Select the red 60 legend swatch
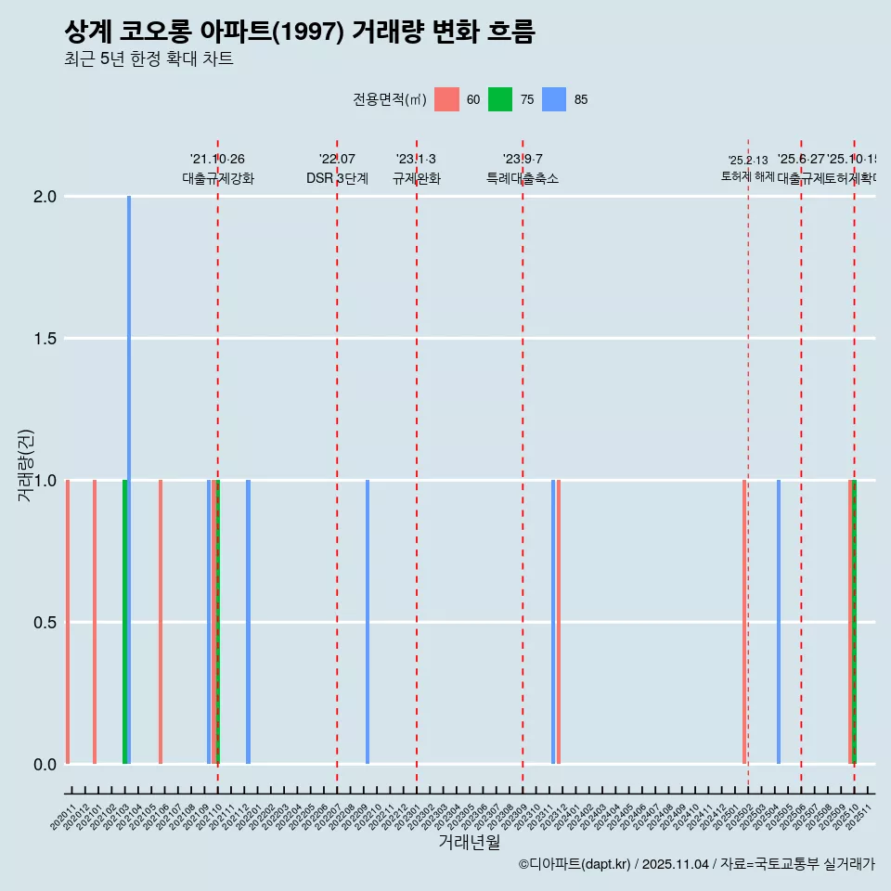pyautogui.click(x=447, y=99)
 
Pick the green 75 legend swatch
pyautogui.click(x=500, y=99)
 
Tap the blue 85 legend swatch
pyautogui.click(x=554, y=99)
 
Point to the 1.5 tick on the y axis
pyautogui.click(x=44, y=339)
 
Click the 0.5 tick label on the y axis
pyautogui.click(x=44, y=623)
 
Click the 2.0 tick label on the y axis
pyautogui.click(x=44, y=197)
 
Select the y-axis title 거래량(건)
pyautogui.click(x=26, y=465)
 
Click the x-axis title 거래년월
pyautogui.click(x=469, y=842)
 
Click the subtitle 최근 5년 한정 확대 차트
pyautogui.click(x=148, y=59)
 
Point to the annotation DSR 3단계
pyautogui.click(x=337, y=179)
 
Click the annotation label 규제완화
pyautogui.click(x=416, y=179)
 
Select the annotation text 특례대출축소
pyautogui.click(x=522, y=179)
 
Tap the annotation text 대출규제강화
pyautogui.click(x=217, y=179)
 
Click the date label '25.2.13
pyautogui.click(x=747, y=161)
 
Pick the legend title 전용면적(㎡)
pyautogui.click(x=389, y=99)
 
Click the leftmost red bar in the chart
pyautogui.click(x=68, y=622)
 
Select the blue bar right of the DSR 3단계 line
pyautogui.click(x=368, y=622)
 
